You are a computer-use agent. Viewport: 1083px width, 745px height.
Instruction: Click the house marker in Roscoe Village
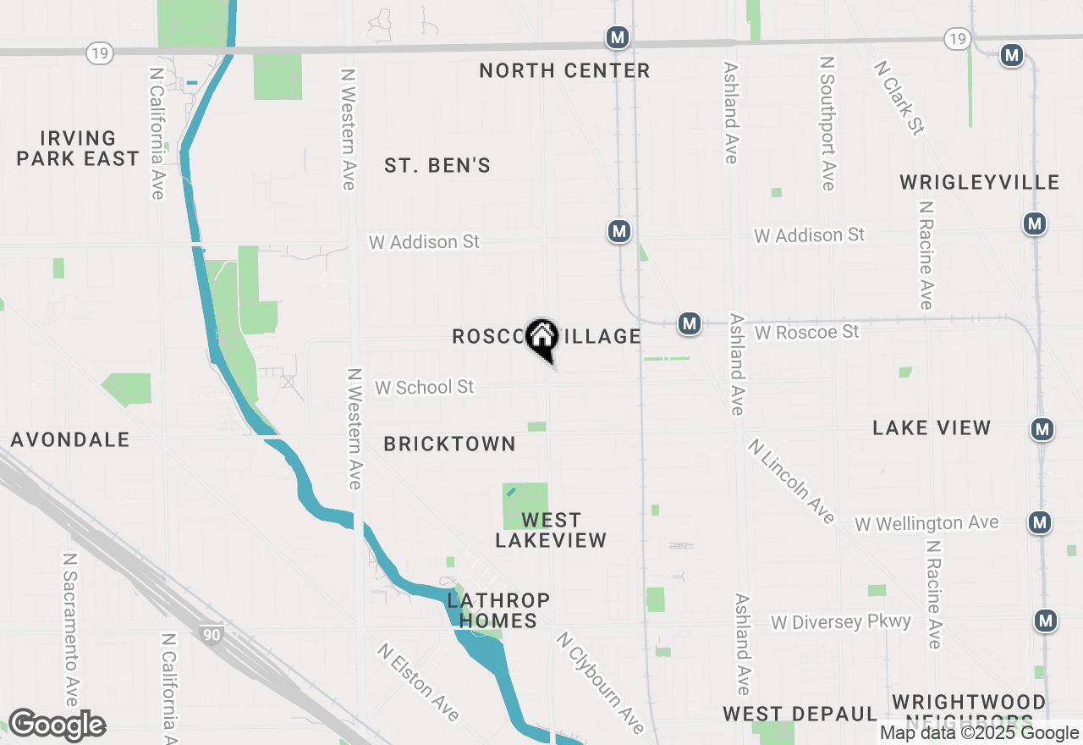coord(541,337)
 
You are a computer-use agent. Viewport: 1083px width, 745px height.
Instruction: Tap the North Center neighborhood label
coord(564,70)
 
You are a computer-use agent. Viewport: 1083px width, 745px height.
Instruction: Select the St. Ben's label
coord(437,165)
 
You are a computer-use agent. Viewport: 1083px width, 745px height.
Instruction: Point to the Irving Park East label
coord(78,148)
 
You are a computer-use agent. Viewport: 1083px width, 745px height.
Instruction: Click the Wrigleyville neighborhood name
coord(979,182)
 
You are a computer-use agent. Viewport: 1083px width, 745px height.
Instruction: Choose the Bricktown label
coord(449,444)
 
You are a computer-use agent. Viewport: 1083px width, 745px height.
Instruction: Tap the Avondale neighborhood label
coord(70,439)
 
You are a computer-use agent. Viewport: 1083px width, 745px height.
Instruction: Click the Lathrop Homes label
coord(498,610)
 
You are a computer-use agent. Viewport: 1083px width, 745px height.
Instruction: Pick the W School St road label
coord(425,387)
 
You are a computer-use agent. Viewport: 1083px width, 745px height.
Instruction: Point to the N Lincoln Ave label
coord(791,481)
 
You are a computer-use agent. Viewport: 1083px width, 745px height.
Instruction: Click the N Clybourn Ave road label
coord(600,682)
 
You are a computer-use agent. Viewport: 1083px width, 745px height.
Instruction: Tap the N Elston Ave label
coord(419,682)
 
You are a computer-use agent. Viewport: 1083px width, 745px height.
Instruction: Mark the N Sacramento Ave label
coord(71,630)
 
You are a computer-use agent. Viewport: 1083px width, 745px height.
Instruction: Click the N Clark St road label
coord(899,97)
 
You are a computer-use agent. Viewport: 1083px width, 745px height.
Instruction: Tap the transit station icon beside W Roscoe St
coord(690,323)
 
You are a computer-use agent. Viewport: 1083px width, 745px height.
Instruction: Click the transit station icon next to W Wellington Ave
coord(1040,522)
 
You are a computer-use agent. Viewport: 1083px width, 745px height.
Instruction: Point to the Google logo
coord(57,726)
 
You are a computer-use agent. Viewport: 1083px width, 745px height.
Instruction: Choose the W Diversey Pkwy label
coord(841,622)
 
